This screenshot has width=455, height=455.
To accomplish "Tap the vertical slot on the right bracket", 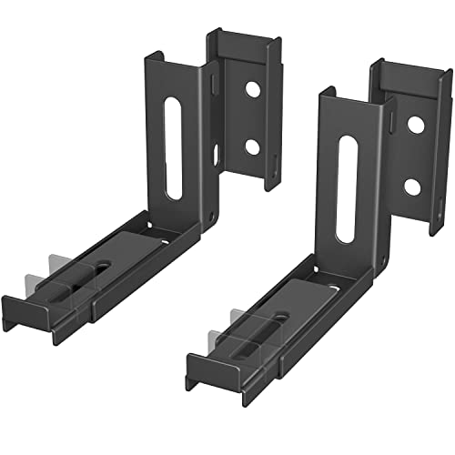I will [x=346, y=189].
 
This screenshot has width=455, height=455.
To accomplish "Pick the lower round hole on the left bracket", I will [x=252, y=146].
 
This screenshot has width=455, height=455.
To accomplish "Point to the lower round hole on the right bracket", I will [x=411, y=187].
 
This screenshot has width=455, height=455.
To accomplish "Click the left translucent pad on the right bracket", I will [x=238, y=323].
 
